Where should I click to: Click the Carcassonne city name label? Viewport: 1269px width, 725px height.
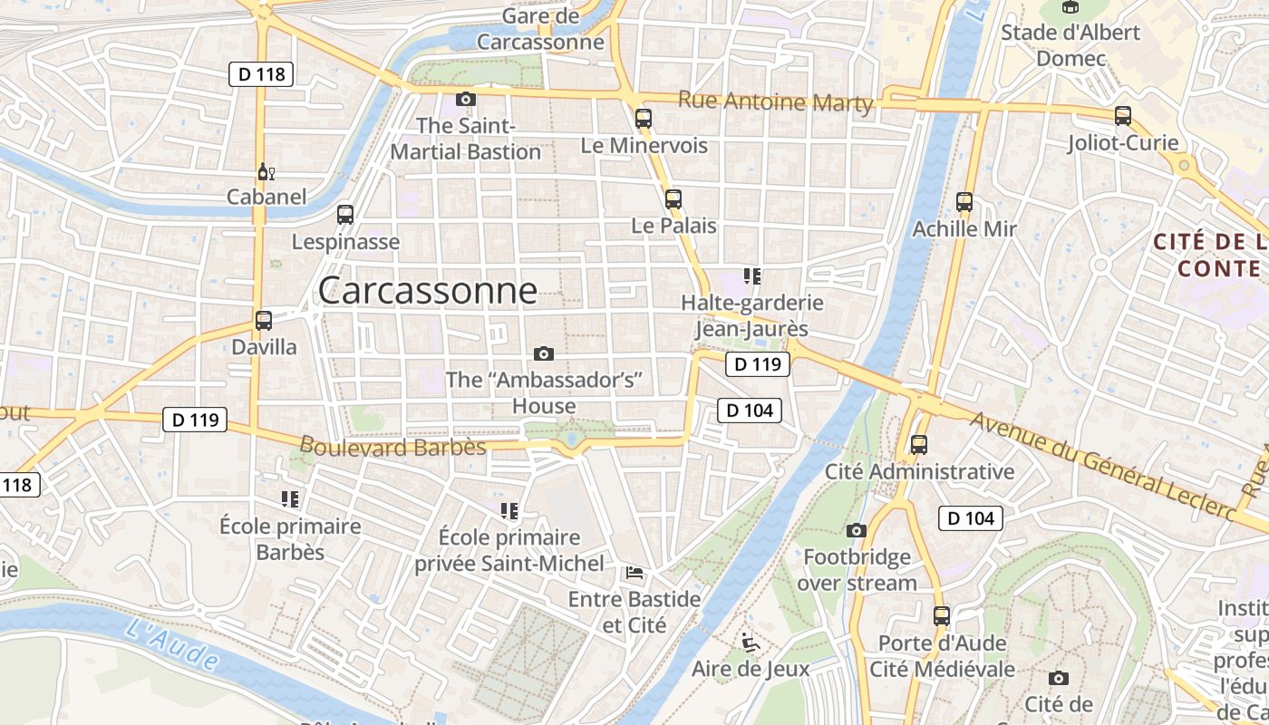(x=427, y=291)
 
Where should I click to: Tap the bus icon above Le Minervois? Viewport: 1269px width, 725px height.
(x=644, y=118)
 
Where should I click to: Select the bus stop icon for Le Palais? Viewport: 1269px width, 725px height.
(x=673, y=199)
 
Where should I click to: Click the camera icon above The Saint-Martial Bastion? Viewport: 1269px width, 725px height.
(x=465, y=99)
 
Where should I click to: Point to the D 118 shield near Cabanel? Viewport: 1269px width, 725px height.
(x=261, y=74)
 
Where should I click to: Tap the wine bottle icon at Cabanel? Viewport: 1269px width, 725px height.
(x=265, y=171)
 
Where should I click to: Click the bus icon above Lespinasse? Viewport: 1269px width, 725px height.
(x=345, y=215)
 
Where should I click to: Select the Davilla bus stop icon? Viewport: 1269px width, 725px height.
(x=264, y=320)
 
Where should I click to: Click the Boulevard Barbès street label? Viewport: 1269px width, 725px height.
(x=392, y=447)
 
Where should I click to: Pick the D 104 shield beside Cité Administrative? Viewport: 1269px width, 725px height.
(x=971, y=518)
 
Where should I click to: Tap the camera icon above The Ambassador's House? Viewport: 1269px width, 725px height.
(x=544, y=353)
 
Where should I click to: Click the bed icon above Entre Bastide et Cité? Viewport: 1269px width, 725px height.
(x=634, y=572)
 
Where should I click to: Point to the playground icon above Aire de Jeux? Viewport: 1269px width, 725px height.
(x=750, y=643)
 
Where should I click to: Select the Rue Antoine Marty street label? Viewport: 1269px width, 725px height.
(x=775, y=102)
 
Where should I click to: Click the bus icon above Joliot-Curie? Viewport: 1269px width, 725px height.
(x=1123, y=115)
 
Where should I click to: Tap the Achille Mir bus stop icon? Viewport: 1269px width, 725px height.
(x=964, y=201)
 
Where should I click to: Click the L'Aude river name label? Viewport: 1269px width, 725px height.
(x=171, y=643)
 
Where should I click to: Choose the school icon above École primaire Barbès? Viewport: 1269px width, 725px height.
(x=290, y=498)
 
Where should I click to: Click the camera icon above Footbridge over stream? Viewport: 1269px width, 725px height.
(x=857, y=530)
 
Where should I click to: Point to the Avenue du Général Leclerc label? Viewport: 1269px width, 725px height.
(x=1101, y=467)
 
